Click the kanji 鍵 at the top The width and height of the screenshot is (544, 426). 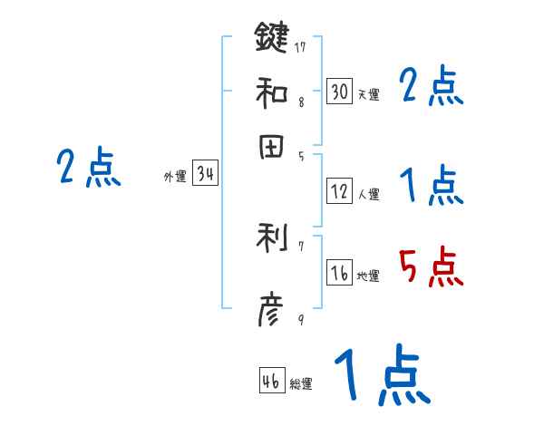271,38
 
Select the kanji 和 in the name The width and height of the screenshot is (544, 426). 271,92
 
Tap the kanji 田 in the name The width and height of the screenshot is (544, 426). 271,149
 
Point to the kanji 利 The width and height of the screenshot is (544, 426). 271,238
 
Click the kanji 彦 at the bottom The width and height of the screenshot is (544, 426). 271,313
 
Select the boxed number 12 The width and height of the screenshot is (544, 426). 340,191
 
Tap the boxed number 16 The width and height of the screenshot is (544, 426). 340,274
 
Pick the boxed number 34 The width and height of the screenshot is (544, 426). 205,176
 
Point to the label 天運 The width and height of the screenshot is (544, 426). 368,94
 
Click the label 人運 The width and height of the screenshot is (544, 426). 368,194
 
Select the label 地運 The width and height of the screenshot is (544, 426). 368,276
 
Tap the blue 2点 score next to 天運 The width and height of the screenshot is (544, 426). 431,87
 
